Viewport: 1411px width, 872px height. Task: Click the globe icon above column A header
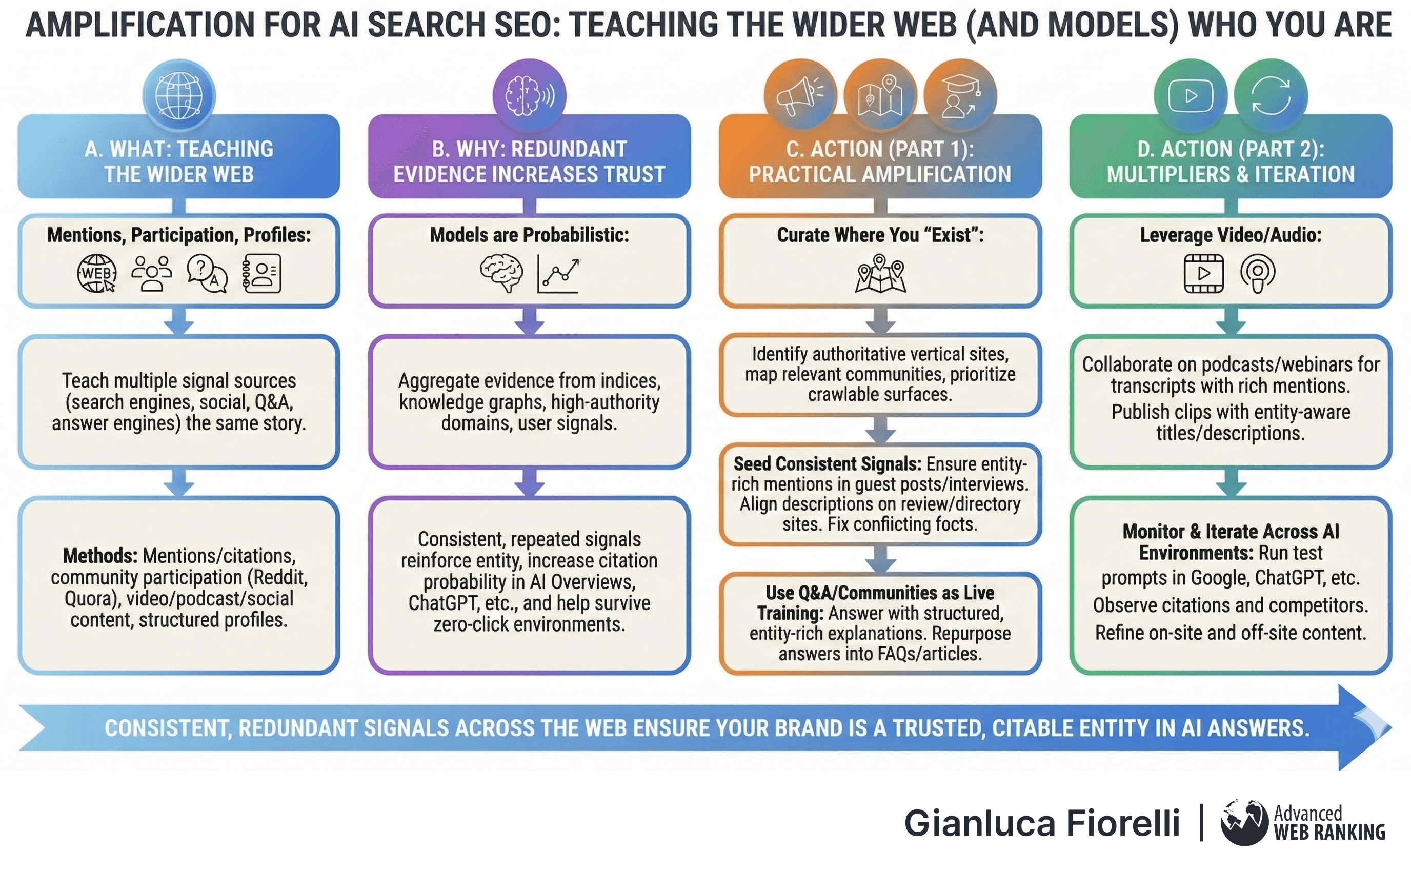coord(179,95)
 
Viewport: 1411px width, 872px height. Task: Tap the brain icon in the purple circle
coord(529,95)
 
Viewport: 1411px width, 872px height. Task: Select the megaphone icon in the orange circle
coord(800,95)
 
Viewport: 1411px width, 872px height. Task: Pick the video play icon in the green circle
coord(1190,95)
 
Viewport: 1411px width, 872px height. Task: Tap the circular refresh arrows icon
coord(1271,95)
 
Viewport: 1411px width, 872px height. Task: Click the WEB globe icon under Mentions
coord(97,273)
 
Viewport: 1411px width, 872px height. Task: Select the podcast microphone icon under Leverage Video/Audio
coord(1258,273)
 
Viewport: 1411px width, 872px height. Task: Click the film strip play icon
coord(1203,273)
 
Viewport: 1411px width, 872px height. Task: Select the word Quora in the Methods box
coord(91,599)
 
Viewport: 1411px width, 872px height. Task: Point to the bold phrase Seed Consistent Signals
coord(827,463)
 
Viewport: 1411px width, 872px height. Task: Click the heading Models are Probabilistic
coord(529,235)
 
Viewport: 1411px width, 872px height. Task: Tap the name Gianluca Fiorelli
coord(1041,822)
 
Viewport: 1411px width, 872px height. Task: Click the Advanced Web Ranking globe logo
coord(1244,821)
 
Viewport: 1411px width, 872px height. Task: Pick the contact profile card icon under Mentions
coord(262,273)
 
